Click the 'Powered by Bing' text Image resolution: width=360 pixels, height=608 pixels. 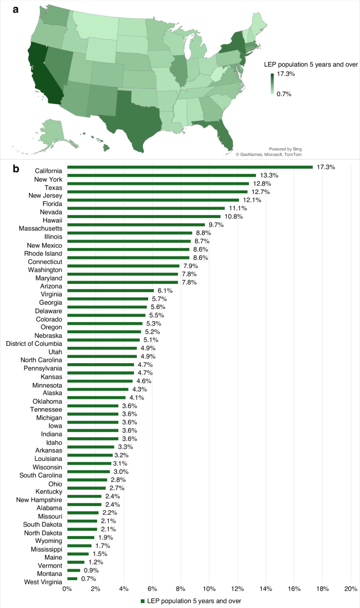tap(285, 149)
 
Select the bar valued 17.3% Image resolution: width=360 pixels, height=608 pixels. tap(190, 167)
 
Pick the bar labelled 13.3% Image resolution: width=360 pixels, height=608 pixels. tap(161, 176)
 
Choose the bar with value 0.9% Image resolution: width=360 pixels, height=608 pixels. tap(74, 570)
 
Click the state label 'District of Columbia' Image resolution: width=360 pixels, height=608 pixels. tap(34, 344)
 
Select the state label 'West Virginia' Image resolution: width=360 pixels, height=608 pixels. tap(43, 582)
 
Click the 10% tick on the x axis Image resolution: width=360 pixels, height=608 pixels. tap(209, 588)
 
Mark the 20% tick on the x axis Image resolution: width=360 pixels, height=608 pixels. tap(351, 588)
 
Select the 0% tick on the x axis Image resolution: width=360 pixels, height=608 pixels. tap(67, 588)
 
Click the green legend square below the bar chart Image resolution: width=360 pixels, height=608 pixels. tap(142, 600)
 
